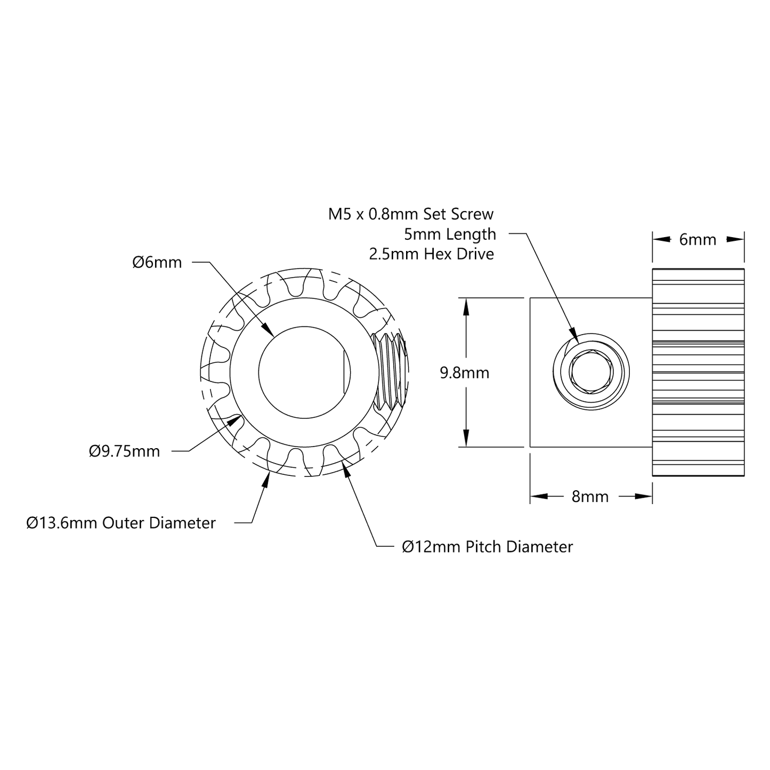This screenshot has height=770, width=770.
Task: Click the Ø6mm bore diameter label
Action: click(x=157, y=262)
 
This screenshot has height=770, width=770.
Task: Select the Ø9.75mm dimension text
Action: click(x=124, y=451)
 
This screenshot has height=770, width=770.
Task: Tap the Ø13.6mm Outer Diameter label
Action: click(x=121, y=523)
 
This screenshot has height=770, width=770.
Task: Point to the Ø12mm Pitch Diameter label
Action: click(x=487, y=547)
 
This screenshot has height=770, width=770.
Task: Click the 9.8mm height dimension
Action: click(x=464, y=372)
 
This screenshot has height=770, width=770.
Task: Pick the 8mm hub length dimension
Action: click(x=590, y=497)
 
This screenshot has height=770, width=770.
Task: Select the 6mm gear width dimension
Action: click(x=698, y=240)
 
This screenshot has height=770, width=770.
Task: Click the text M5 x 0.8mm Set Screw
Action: click(x=411, y=214)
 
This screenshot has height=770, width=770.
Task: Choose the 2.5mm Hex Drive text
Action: click(x=431, y=254)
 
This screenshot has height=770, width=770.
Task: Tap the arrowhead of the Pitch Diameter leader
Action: click(x=345, y=467)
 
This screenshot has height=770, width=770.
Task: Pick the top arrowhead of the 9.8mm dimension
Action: click(x=466, y=304)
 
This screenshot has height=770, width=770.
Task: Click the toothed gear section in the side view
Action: click(x=698, y=372)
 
